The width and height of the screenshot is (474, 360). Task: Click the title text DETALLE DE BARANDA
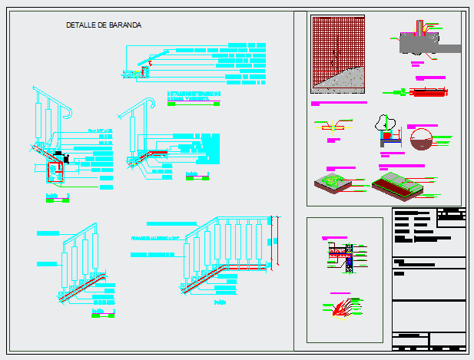(x=104, y=25)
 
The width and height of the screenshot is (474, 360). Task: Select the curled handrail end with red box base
(x=53, y=146)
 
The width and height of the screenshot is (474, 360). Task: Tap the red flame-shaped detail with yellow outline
(x=343, y=307)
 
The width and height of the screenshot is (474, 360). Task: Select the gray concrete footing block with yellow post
(x=419, y=43)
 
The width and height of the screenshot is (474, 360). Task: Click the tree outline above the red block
(x=385, y=123)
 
